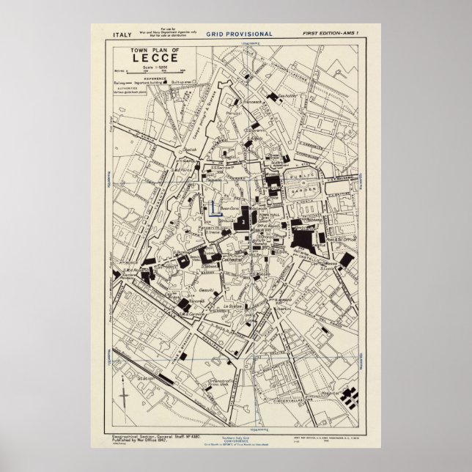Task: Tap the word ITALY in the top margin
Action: click(122, 34)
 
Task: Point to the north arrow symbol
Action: click(122, 399)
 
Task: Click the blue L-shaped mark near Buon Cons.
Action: click(212, 209)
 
